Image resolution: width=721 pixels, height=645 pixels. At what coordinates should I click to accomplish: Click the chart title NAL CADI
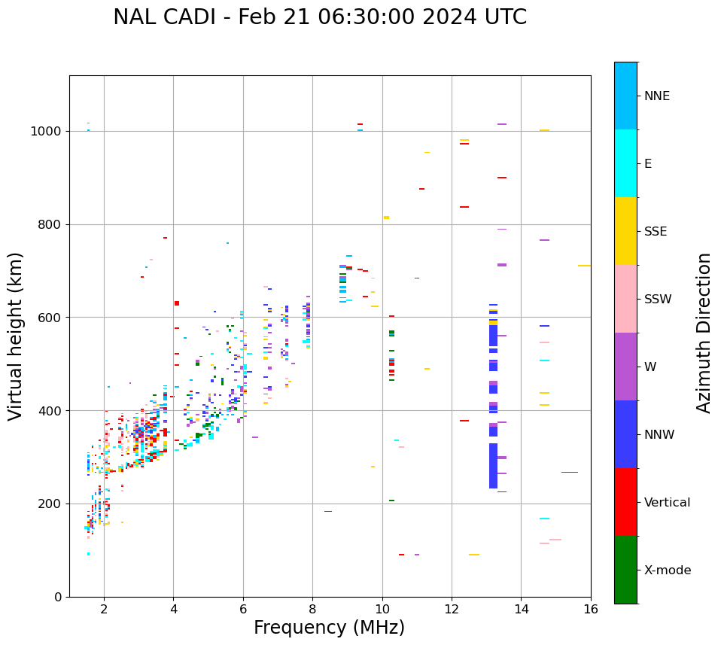[320, 17]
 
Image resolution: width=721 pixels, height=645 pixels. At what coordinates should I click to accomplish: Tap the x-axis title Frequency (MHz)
[329, 628]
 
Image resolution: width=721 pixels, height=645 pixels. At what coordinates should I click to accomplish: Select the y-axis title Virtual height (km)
[16, 336]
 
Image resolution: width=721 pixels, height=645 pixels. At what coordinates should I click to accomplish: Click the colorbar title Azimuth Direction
[704, 333]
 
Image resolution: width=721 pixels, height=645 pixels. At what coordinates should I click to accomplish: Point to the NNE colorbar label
[656, 96]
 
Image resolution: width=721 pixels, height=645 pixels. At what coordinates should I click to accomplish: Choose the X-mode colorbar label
[667, 570]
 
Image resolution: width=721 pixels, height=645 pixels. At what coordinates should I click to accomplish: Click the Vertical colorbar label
[667, 503]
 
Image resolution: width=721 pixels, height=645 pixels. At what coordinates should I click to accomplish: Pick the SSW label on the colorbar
[658, 300]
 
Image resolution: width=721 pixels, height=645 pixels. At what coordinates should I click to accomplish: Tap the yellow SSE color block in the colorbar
[625, 231]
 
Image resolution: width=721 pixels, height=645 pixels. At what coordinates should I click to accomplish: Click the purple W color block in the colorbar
[625, 367]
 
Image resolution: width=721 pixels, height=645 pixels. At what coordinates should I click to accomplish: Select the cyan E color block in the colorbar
[625, 163]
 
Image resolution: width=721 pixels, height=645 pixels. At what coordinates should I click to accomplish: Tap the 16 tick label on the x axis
[591, 609]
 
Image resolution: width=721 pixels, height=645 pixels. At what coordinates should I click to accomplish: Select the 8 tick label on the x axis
[312, 609]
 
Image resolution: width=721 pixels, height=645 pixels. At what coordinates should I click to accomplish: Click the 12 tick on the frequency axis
[452, 609]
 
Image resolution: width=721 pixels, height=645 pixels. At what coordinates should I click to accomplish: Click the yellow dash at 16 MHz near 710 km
[584, 266]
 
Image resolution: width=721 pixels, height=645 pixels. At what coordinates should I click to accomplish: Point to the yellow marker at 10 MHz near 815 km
[386, 218]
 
